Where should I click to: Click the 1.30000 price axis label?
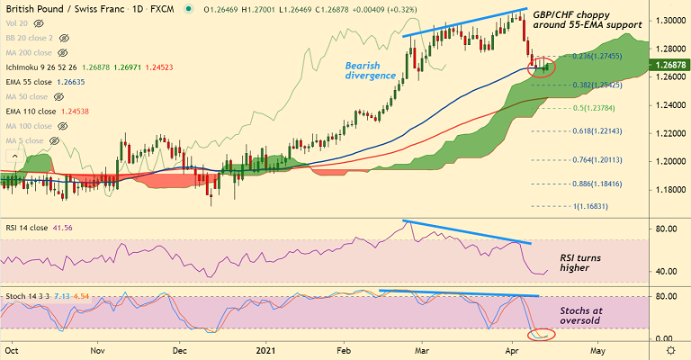pyautogui.click(x=668, y=21)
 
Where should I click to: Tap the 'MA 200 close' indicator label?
pyautogui.click(x=30, y=53)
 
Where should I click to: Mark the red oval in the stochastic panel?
pyautogui.click(x=542, y=335)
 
